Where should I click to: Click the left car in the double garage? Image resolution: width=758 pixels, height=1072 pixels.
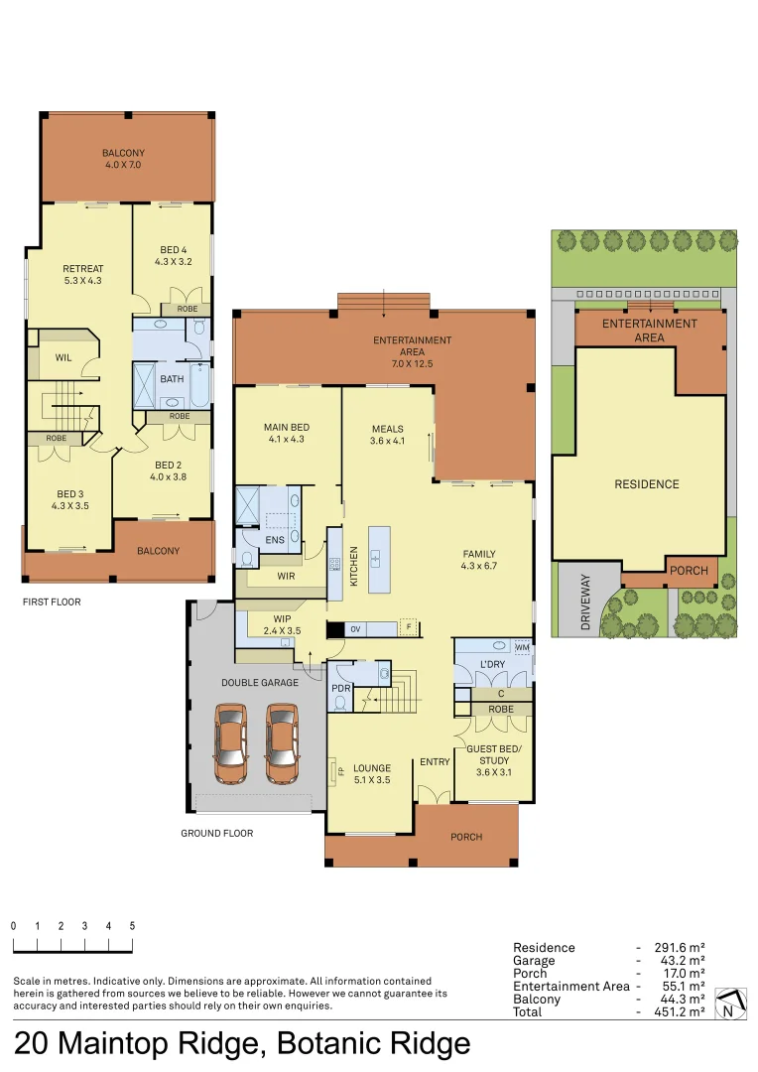(x=231, y=743)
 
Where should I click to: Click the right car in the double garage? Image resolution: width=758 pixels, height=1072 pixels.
(x=282, y=743)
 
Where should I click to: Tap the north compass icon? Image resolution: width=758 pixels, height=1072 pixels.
(x=729, y=1004)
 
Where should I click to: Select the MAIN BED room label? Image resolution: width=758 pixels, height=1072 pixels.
(x=287, y=433)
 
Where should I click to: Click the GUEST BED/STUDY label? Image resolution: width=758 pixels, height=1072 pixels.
(x=493, y=754)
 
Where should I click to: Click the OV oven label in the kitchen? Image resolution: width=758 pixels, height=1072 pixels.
(x=355, y=628)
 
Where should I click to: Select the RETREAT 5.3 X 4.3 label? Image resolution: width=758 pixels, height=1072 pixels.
(x=83, y=274)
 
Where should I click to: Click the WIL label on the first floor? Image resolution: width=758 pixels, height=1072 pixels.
(x=63, y=357)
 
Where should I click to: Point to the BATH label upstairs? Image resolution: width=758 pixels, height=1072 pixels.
(x=172, y=378)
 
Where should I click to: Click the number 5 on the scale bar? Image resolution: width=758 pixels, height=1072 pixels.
(x=132, y=926)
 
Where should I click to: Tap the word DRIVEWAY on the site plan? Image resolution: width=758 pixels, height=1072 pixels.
(x=584, y=603)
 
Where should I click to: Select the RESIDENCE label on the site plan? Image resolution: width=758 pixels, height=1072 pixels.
(x=646, y=484)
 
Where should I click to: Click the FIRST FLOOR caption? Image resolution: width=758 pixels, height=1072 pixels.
(x=52, y=602)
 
